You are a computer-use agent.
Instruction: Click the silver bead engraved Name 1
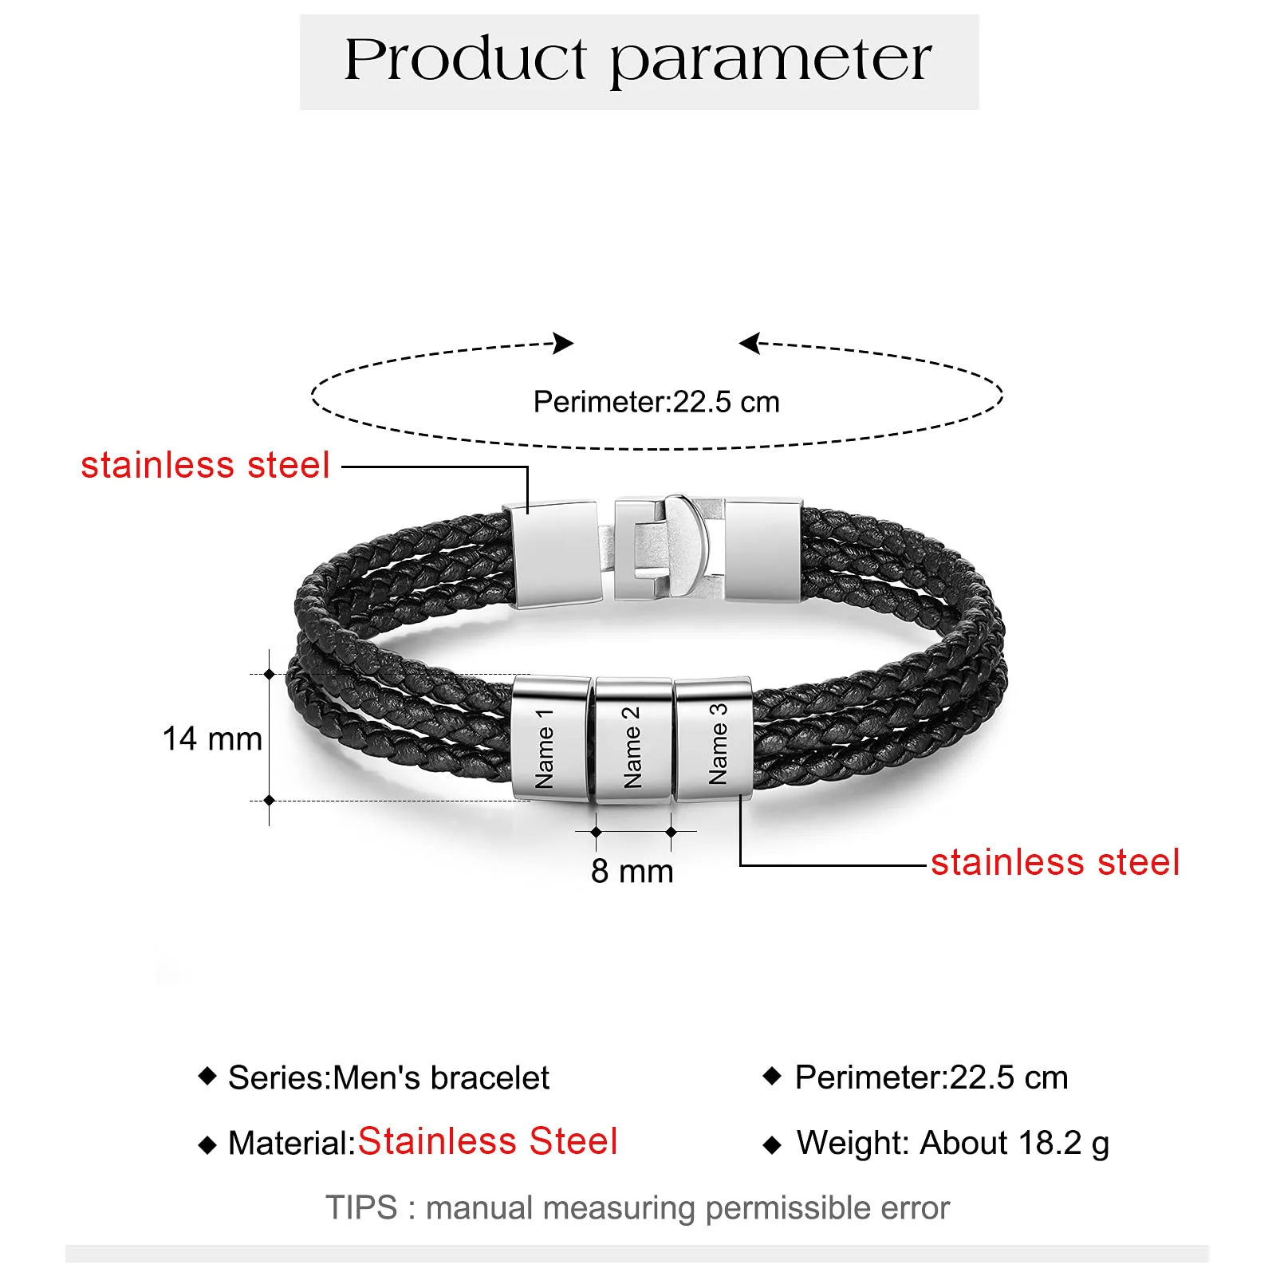[550, 738]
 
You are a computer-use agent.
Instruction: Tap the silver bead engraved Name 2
[632, 741]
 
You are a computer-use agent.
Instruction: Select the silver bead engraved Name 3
[714, 739]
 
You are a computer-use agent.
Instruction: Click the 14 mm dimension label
[212, 739]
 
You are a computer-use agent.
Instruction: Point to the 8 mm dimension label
[632, 872]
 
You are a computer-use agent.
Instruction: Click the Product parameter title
[638, 61]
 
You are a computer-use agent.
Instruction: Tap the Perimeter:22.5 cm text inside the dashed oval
[656, 402]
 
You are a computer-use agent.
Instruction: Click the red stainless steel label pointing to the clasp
[205, 465]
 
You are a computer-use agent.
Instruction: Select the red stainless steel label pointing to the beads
[1054, 862]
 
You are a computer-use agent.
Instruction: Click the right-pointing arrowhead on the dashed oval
[564, 343]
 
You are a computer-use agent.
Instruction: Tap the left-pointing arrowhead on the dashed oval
[749, 343]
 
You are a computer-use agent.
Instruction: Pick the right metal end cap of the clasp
[762, 549]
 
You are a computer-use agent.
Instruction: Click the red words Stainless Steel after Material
[487, 1141]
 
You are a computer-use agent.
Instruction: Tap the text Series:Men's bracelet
[388, 1077]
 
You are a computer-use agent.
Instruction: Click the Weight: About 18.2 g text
[952, 1143]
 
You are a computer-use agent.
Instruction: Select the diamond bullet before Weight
[772, 1145]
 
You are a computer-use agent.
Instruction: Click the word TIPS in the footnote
[361, 1208]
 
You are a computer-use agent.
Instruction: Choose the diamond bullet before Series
[207, 1076]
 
